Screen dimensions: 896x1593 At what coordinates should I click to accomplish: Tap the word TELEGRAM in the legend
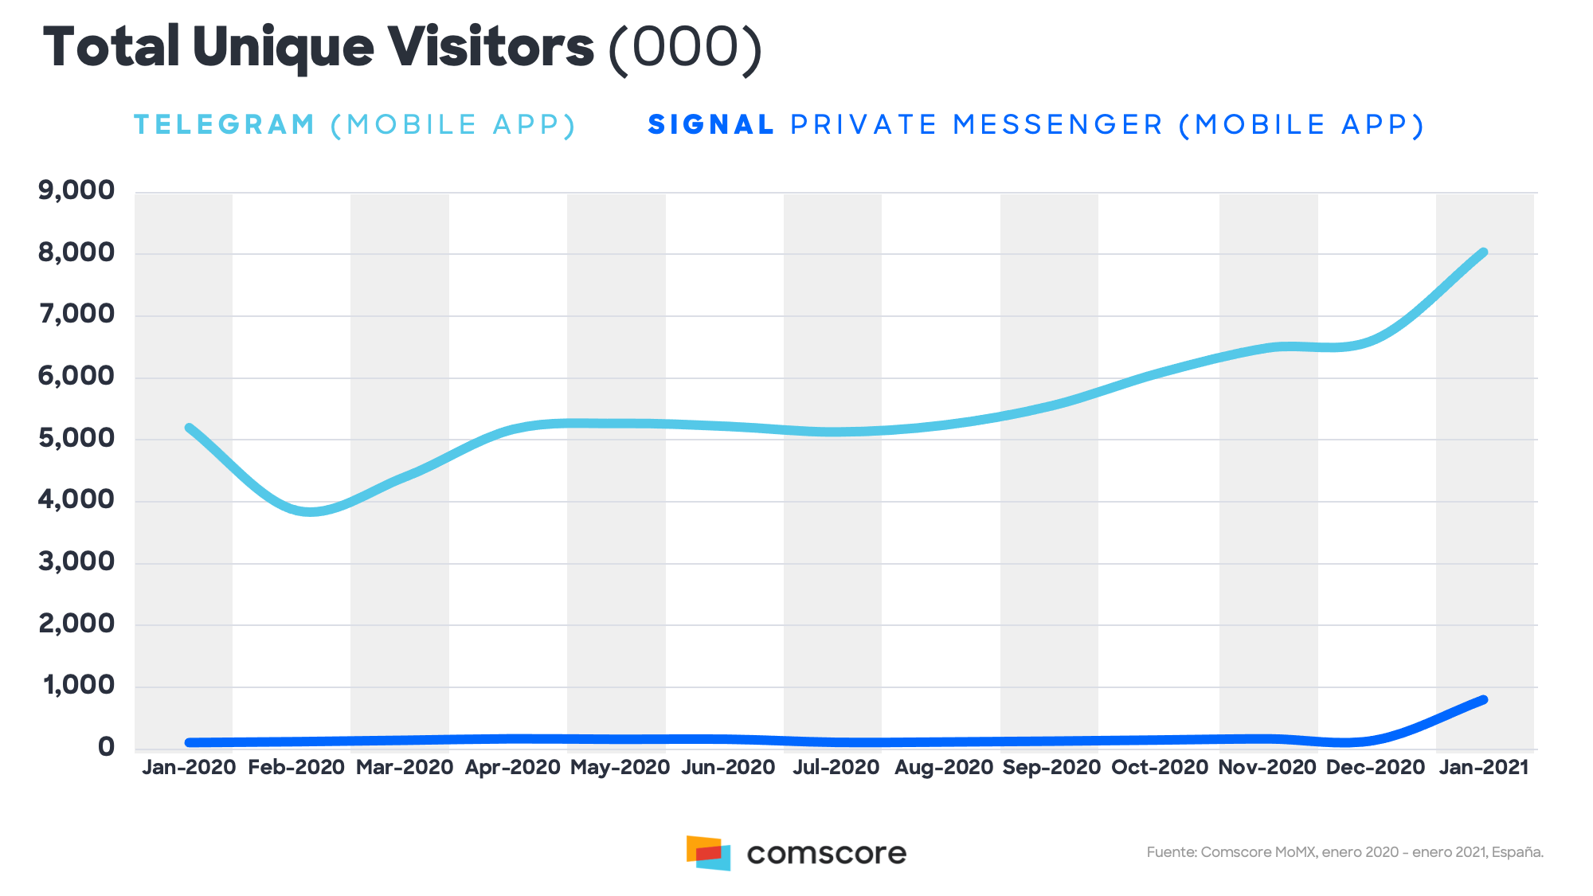(x=225, y=125)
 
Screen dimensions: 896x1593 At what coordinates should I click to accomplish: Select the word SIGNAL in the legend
(x=711, y=125)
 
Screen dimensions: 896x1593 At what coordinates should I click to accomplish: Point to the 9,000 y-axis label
(x=76, y=191)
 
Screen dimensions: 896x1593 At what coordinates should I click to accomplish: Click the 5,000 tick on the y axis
(x=76, y=439)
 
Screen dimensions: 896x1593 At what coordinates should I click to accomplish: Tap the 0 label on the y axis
(x=106, y=748)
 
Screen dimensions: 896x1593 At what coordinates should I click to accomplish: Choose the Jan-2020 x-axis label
(x=189, y=767)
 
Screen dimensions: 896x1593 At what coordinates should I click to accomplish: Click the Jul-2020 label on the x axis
(x=836, y=767)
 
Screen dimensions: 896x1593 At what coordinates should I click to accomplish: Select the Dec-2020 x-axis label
(x=1375, y=767)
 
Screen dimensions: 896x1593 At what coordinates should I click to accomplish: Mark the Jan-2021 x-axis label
(x=1484, y=767)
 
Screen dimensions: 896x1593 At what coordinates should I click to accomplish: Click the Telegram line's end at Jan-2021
(x=1483, y=253)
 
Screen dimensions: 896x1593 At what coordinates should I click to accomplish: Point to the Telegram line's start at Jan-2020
(x=190, y=428)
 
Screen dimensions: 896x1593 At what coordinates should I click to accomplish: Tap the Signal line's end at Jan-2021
(x=1483, y=700)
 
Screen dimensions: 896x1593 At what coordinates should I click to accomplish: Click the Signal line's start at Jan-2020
(x=190, y=742)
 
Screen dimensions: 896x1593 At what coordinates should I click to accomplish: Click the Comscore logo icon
(x=708, y=853)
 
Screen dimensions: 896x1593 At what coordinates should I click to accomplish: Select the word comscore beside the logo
(x=826, y=854)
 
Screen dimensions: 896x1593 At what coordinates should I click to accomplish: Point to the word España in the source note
(x=1517, y=852)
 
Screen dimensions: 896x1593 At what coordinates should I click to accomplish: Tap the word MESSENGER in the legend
(x=1059, y=125)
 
